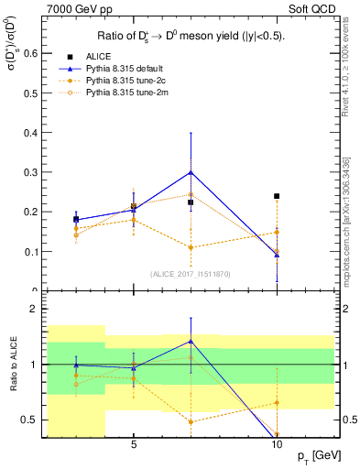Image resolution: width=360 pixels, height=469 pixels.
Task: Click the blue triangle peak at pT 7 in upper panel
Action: point(191,172)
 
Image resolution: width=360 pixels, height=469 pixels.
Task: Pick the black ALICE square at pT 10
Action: point(277,196)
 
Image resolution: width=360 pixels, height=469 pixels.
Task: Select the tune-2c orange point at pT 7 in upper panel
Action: point(191,247)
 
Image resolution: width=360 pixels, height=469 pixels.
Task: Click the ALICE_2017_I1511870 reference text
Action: point(191,273)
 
